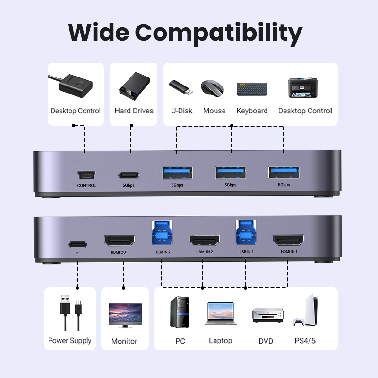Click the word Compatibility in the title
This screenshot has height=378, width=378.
point(218,33)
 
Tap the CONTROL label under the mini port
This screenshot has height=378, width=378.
point(86,185)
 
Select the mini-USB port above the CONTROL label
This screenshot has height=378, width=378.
point(86,174)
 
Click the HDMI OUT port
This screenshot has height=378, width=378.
point(120,241)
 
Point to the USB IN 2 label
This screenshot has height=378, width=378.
point(163,252)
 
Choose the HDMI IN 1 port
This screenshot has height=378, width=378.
point(289,240)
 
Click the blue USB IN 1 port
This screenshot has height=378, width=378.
point(246,232)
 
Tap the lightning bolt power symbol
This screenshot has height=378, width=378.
point(77,253)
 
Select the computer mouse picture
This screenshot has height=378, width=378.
point(212,88)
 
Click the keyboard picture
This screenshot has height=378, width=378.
point(252,89)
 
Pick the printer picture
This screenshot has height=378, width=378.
point(303,87)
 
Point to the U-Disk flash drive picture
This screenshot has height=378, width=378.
point(181,87)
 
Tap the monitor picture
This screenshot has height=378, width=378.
point(125,316)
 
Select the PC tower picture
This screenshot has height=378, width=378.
point(180,312)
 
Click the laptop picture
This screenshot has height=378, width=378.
point(221,314)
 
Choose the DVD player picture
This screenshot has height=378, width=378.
point(268,315)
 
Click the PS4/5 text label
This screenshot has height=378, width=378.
point(305,341)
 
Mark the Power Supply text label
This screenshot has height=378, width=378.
point(69,341)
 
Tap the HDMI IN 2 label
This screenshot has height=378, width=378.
point(205,252)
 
